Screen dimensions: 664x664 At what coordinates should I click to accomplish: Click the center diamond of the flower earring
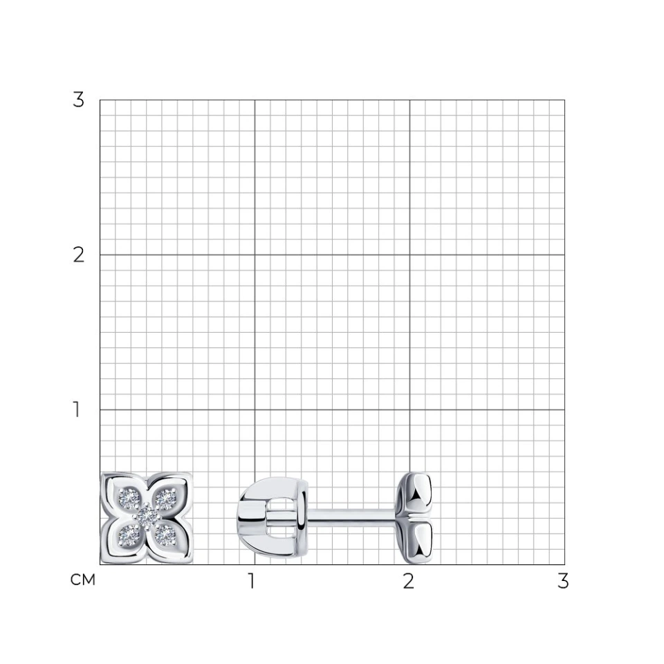click(147, 516)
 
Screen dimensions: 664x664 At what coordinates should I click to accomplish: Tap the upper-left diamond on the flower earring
click(129, 498)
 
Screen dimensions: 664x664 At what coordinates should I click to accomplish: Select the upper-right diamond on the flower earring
click(165, 499)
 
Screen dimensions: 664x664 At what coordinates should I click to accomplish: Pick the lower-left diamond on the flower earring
click(129, 535)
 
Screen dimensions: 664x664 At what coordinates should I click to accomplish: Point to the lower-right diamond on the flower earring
click(165, 535)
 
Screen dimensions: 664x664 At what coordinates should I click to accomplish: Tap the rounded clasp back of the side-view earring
click(273, 517)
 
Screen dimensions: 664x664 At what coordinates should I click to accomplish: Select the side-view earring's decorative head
click(414, 518)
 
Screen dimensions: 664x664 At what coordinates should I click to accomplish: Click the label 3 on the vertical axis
click(78, 100)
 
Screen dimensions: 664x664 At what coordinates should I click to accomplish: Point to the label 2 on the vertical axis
click(78, 255)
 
